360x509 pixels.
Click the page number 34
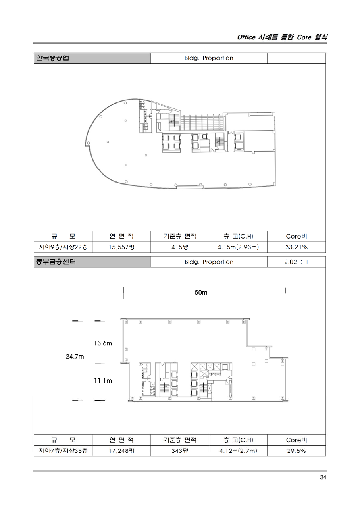pos(323,478)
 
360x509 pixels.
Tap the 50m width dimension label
pos(201,293)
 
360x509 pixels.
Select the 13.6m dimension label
pos(103,343)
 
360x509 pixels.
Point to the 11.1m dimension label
pos(103,380)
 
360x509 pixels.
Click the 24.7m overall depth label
pos(75,357)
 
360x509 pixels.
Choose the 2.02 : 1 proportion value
pos(296,262)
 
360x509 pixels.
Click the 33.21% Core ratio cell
pos(296,247)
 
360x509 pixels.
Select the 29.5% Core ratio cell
pos(296,451)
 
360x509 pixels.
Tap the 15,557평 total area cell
pos(121,247)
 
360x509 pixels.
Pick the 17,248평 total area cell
pos(121,451)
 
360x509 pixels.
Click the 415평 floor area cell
pos(180,247)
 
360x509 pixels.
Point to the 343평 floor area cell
pos(180,451)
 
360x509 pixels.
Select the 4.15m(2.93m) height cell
pos(238,247)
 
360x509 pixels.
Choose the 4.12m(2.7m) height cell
pos(238,451)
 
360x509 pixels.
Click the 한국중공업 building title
pos(52,58)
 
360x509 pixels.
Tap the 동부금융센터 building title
pos(56,262)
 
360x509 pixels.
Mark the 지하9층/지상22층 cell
pos(63,247)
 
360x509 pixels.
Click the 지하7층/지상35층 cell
pos(63,451)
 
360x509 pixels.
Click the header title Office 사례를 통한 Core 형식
pos(282,37)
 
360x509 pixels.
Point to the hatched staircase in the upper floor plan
pos(202,123)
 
